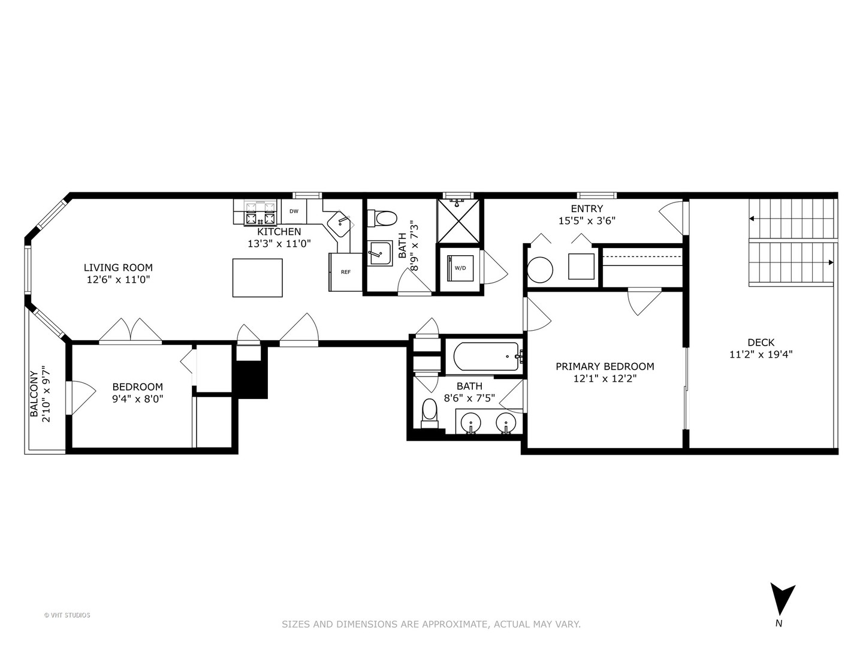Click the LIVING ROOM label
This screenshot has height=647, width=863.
(118, 268)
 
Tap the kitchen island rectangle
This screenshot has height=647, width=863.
(257, 277)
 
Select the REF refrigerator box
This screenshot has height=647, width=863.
(346, 272)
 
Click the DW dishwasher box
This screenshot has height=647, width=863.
(294, 211)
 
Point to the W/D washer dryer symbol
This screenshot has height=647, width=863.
(460, 268)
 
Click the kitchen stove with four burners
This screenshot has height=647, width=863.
(260, 213)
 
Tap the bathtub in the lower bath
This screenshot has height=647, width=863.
(485, 356)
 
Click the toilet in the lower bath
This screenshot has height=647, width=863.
(429, 412)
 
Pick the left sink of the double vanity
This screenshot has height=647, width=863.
(472, 423)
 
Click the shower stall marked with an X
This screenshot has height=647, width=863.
(458, 222)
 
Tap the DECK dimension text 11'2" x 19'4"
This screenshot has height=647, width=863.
(761, 354)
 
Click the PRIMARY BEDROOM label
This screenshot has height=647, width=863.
(605, 366)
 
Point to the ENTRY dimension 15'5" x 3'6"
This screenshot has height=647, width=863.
(587, 220)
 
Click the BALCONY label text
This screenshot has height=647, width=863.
(34, 394)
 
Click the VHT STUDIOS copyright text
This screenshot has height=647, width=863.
(67, 615)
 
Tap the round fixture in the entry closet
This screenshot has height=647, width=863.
(540, 270)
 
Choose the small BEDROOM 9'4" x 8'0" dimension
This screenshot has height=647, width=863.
(137, 398)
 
